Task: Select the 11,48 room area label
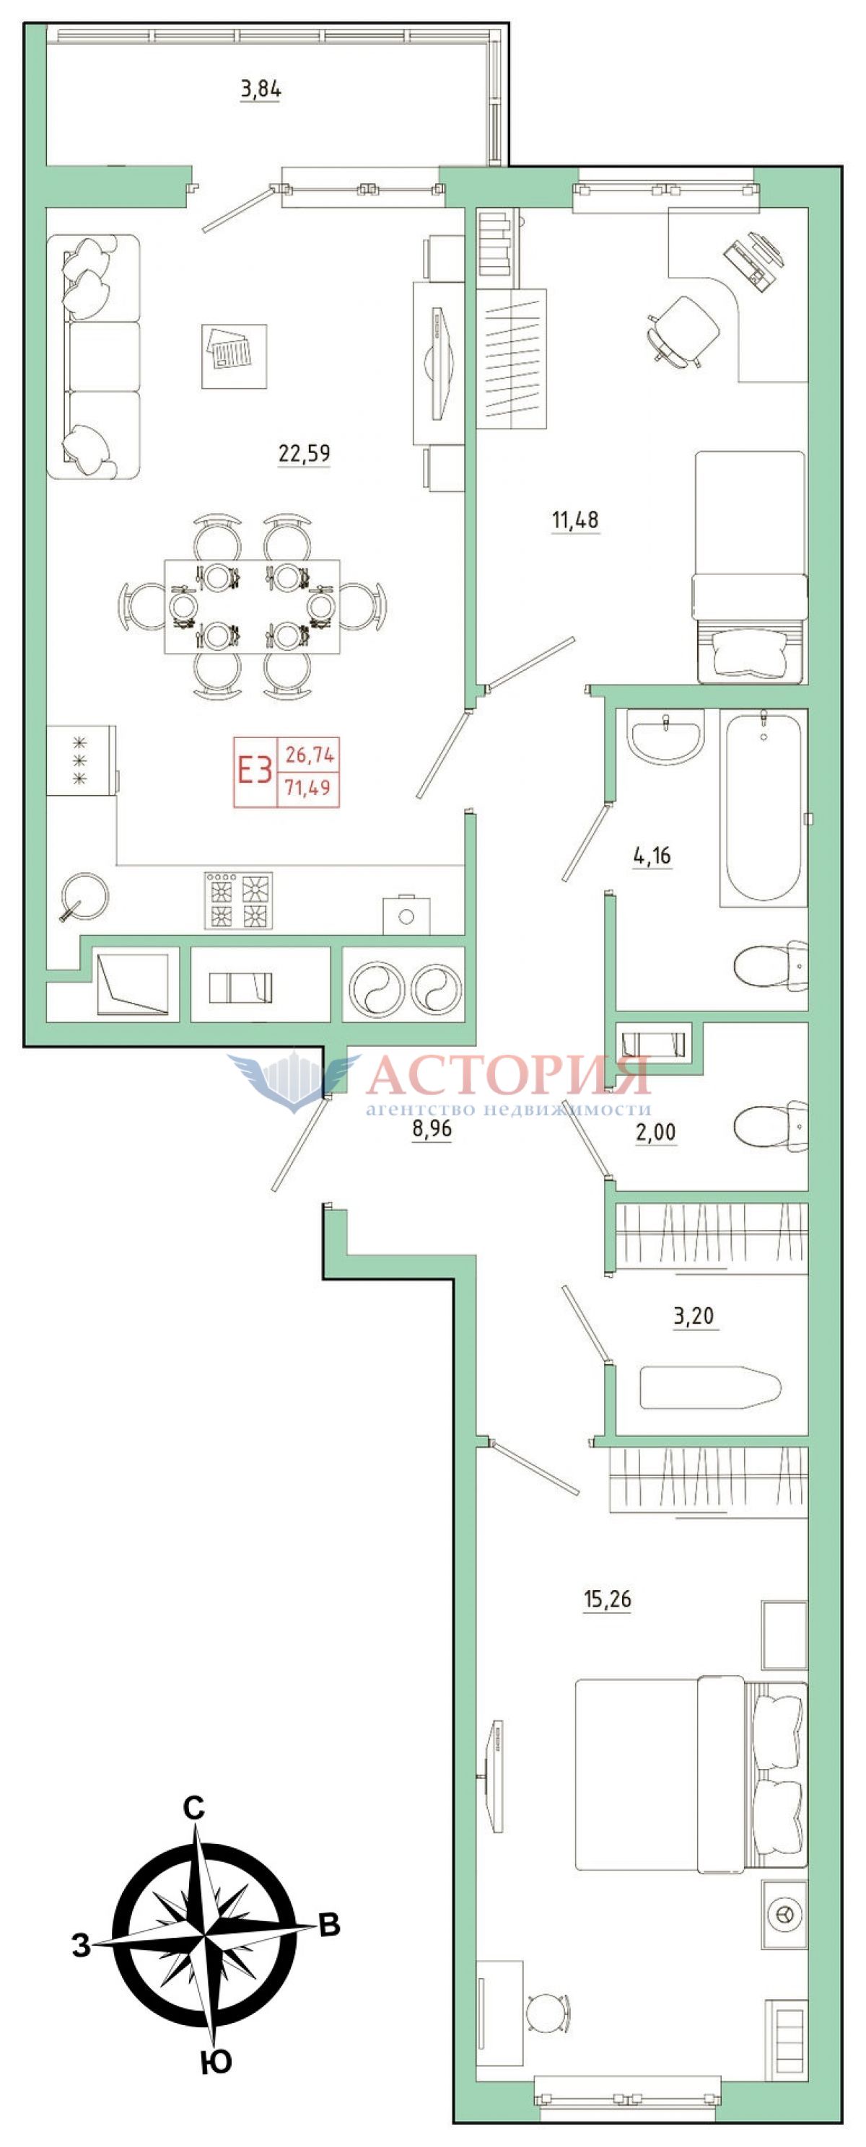[x=575, y=520]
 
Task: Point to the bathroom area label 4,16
[x=652, y=856]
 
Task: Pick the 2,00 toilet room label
[x=656, y=1132]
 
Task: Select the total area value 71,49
[x=308, y=787]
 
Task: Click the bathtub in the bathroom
[x=764, y=807]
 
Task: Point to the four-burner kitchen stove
[x=238, y=900]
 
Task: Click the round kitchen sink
[x=85, y=896]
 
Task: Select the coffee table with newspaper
[x=235, y=356]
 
